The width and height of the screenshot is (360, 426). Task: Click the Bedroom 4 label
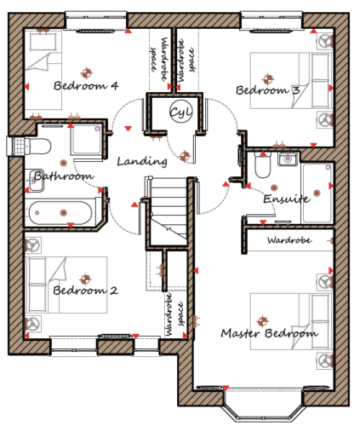click(86, 85)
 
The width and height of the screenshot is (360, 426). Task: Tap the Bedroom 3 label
click(268, 90)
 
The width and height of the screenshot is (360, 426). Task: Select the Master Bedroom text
click(270, 333)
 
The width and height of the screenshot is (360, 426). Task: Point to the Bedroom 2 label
click(85, 291)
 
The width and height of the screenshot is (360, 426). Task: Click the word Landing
click(142, 162)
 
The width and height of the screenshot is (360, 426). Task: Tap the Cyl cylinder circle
click(181, 112)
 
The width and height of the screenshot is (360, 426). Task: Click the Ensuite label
click(287, 199)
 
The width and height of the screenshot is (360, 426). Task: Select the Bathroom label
click(64, 176)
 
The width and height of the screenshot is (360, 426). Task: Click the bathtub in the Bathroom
click(60, 213)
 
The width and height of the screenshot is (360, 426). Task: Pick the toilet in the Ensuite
click(263, 165)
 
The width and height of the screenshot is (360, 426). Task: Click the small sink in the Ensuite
click(288, 158)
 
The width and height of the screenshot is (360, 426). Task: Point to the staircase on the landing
click(169, 211)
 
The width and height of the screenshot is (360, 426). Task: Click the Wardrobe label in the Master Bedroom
click(289, 240)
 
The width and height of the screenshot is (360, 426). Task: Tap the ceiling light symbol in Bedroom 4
click(87, 73)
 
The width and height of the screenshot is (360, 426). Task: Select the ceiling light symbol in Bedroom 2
click(85, 279)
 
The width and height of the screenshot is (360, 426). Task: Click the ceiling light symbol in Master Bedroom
click(263, 321)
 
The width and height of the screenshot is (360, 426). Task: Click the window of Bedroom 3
click(271, 20)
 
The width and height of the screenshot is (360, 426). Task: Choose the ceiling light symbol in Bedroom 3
click(268, 79)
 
